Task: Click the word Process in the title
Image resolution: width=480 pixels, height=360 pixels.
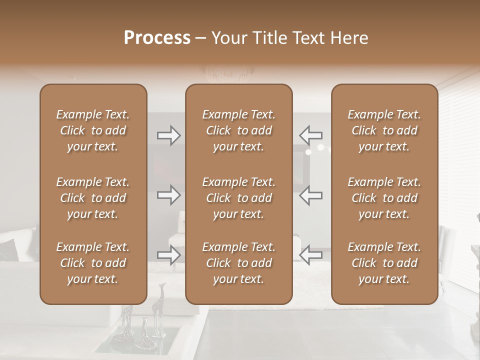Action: (157, 38)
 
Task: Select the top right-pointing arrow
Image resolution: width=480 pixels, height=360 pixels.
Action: (169, 135)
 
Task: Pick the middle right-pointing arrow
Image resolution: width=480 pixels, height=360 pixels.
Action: (169, 195)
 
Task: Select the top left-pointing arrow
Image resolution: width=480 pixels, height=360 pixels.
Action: (310, 135)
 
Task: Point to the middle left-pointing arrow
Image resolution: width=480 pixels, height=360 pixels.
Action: (310, 195)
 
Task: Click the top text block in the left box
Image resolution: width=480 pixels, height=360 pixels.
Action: (93, 130)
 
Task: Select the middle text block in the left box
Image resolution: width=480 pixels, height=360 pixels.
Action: (93, 198)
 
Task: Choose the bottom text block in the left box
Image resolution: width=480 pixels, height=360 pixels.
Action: (93, 263)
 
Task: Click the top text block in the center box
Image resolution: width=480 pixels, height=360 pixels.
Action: (238, 130)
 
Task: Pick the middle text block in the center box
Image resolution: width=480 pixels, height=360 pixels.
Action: (238, 198)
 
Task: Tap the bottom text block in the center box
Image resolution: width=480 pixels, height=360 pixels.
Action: (238, 263)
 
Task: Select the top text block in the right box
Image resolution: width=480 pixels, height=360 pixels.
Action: (384, 130)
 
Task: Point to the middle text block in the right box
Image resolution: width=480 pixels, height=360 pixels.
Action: (384, 198)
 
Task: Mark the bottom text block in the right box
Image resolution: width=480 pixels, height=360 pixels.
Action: (384, 263)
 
